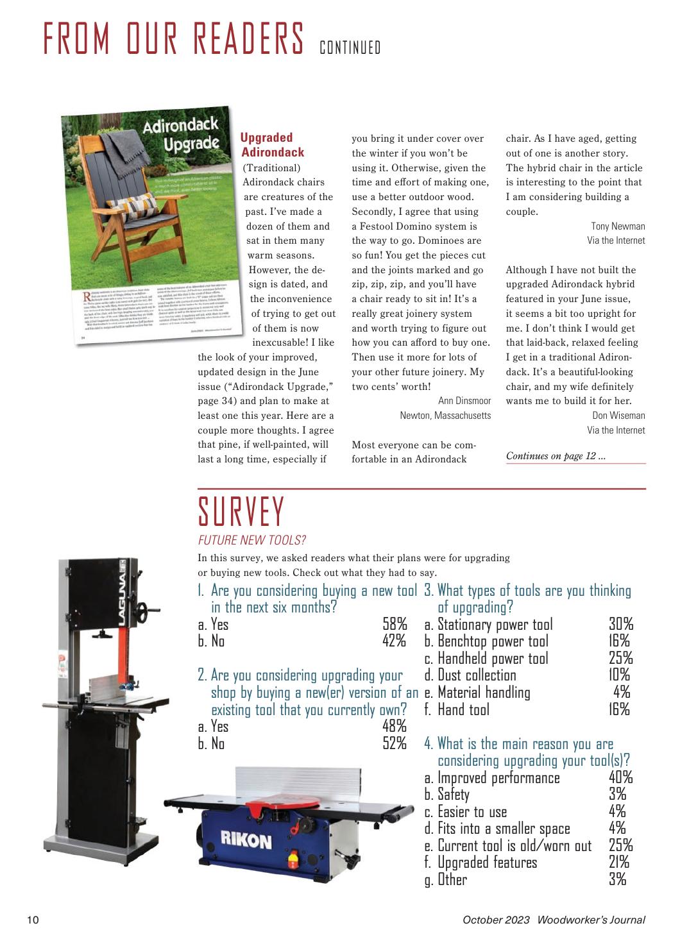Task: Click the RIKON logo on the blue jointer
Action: click(x=246, y=840)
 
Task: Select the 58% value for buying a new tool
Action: click(x=395, y=624)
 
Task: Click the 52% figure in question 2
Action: click(x=395, y=743)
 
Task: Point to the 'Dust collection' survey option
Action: click(x=477, y=675)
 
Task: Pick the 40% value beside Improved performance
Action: click(x=620, y=778)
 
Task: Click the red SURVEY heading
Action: click(x=241, y=512)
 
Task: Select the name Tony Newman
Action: click(x=618, y=226)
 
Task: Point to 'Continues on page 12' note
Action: click(x=556, y=456)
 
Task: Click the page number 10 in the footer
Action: click(x=33, y=920)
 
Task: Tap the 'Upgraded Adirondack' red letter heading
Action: click(x=272, y=145)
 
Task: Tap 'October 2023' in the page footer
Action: click(x=496, y=920)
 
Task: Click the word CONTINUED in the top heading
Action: click(x=350, y=48)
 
